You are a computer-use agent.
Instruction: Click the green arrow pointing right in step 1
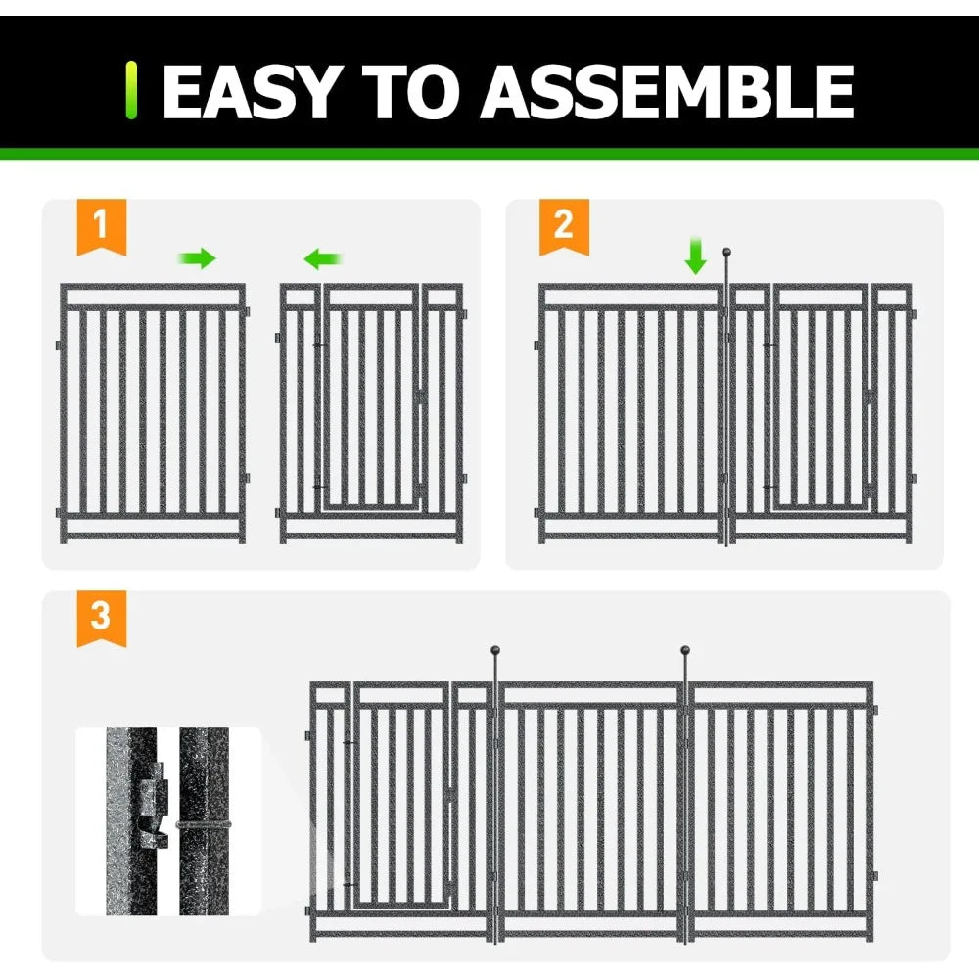197,258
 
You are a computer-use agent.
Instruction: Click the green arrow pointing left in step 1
323,258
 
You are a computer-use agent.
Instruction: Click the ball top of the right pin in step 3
685,649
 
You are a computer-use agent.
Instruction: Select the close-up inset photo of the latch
168,820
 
